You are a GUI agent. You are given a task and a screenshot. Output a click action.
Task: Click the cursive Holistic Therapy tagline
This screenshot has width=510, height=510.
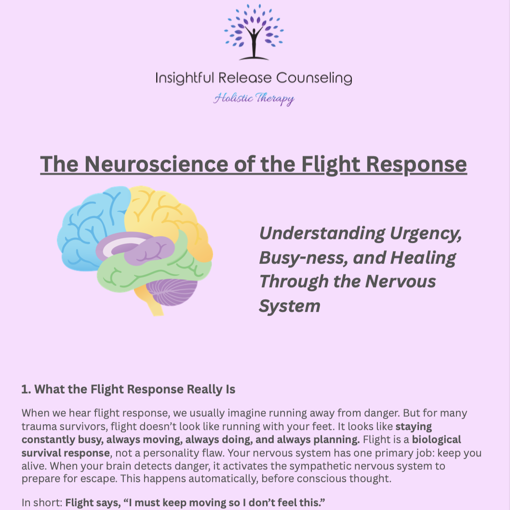point(254,99)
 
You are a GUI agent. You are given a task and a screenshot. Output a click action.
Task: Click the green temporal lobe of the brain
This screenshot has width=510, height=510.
point(145,275)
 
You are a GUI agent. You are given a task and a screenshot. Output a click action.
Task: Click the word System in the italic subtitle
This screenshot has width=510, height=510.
point(289,306)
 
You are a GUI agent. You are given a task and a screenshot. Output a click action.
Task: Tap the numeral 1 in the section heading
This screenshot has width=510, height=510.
point(25,389)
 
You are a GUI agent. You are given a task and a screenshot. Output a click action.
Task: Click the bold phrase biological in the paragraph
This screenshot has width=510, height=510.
point(436,440)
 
